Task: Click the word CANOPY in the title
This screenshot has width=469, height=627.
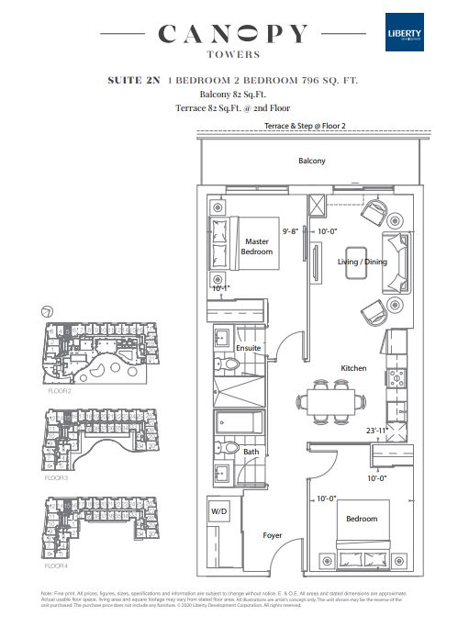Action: [232, 35]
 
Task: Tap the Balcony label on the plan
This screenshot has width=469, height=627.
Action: [311, 161]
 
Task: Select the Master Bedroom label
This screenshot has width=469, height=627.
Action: [257, 246]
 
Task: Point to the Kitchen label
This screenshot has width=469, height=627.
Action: [353, 368]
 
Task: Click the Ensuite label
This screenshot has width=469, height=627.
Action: [249, 348]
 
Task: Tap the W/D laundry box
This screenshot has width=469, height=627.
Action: [219, 511]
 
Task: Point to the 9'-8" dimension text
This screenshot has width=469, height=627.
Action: [293, 232]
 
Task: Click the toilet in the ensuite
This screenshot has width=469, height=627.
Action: [230, 364]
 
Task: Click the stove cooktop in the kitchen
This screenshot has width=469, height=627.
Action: [398, 377]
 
